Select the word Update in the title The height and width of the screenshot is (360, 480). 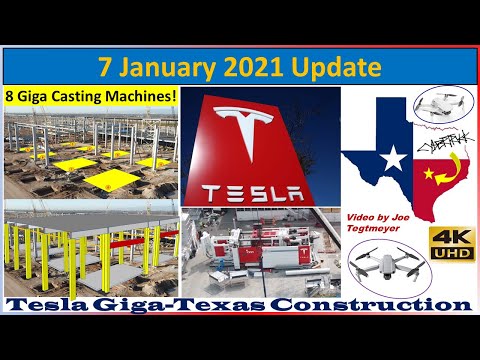point(338,68)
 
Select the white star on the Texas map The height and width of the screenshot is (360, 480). point(394,157)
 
